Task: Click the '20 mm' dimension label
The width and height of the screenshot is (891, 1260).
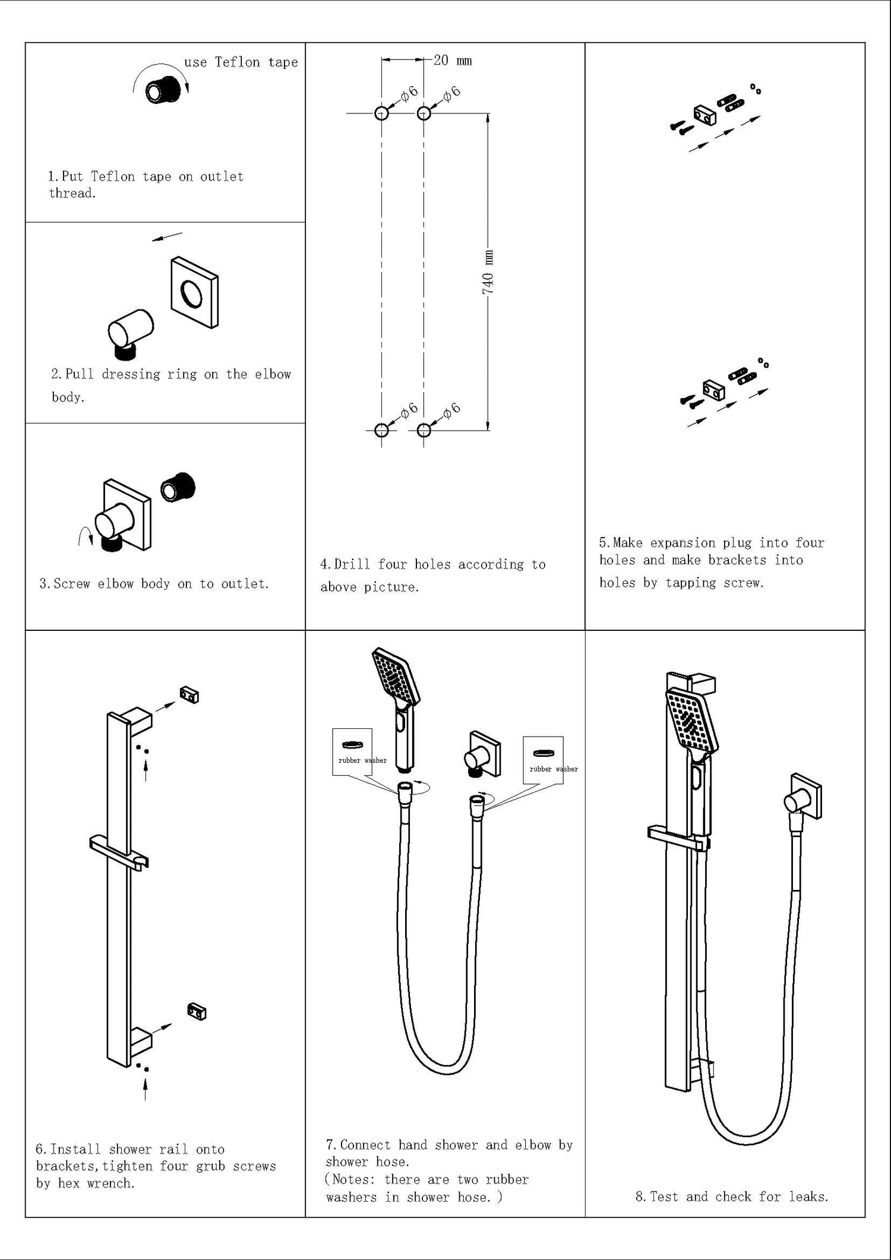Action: (453, 61)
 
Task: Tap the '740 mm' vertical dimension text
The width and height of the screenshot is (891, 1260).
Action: (488, 273)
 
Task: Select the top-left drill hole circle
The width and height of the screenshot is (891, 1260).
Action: (382, 112)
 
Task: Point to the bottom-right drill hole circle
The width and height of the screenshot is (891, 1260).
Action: (424, 430)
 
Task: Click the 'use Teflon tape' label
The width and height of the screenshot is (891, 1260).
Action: (241, 62)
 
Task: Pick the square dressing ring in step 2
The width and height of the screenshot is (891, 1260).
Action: (194, 293)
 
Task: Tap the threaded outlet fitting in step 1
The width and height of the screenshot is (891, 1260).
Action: (163, 90)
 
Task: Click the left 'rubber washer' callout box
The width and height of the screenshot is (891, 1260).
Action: (352, 751)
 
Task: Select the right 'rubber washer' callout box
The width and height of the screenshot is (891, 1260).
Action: (543, 760)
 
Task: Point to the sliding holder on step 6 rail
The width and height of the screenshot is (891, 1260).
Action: (118, 853)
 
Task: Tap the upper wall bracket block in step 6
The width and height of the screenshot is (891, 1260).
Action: (189, 694)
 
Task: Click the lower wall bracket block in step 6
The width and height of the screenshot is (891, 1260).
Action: (197, 1011)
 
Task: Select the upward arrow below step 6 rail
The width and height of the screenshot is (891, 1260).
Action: (146, 1091)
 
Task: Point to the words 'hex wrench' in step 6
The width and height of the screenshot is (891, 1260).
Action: (96, 1183)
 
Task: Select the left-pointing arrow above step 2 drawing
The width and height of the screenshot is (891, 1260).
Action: (167, 237)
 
